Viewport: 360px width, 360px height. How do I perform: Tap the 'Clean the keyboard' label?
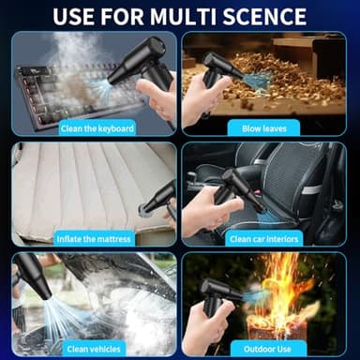click(97, 127)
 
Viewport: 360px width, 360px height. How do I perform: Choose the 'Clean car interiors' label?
click(265, 238)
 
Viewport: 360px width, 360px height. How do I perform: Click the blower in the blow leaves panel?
click(217, 72)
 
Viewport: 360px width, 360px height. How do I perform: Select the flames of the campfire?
click(295, 286)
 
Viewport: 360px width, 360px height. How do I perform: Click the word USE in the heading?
click(79, 16)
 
